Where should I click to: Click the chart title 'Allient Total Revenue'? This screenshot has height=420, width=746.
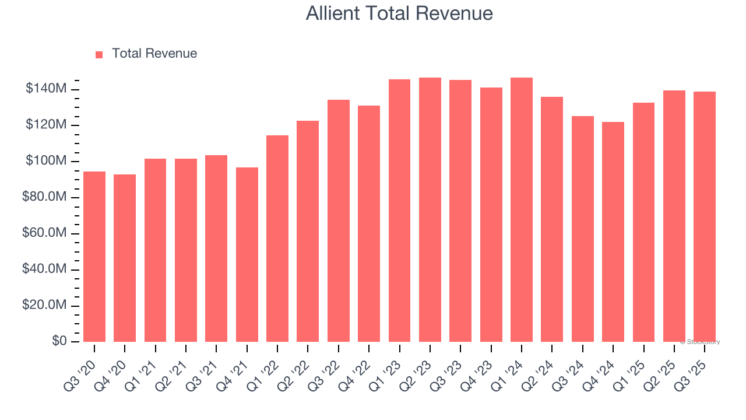pyautogui.click(x=399, y=13)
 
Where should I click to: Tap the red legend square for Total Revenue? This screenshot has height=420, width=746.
pyautogui.click(x=99, y=54)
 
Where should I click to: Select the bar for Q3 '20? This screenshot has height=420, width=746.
pyautogui.click(x=94, y=257)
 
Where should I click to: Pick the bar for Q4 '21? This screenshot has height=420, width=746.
pyautogui.click(x=247, y=254)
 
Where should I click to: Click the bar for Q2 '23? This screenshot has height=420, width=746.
pyautogui.click(x=430, y=210)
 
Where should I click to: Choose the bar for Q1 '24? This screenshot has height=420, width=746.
pyautogui.click(x=522, y=210)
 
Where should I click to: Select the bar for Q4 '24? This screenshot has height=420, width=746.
pyautogui.click(x=613, y=232)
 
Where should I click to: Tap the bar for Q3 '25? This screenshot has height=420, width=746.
pyautogui.click(x=705, y=217)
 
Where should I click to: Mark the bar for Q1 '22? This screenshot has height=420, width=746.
pyautogui.click(x=277, y=239)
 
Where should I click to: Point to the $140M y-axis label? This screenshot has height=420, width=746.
pyautogui.click(x=46, y=89)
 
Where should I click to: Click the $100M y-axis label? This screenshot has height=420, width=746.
pyautogui.click(x=46, y=161)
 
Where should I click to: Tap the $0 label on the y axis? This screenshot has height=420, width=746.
pyautogui.click(x=59, y=341)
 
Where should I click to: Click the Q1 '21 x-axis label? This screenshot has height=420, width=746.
pyautogui.click(x=146, y=366)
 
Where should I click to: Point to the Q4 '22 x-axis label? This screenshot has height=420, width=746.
pyautogui.click(x=359, y=366)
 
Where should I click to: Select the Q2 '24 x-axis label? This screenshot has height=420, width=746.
pyautogui.click(x=542, y=366)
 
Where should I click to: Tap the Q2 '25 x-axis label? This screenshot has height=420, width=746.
pyautogui.click(x=664, y=366)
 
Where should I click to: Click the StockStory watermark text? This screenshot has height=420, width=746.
pyautogui.click(x=700, y=342)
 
